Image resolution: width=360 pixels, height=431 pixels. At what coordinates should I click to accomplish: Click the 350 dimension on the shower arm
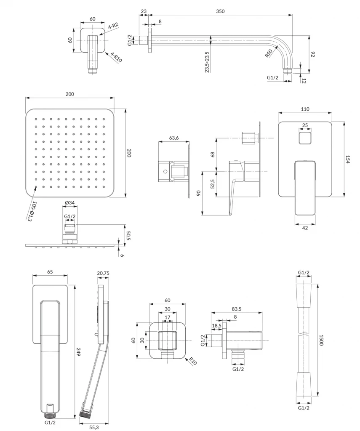[x=220, y=11]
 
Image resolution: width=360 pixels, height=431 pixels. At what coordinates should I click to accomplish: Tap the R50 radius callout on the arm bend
[x=269, y=53]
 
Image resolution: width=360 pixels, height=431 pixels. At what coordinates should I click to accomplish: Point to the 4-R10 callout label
[x=116, y=57]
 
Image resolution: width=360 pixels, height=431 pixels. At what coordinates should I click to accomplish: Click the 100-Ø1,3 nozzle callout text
[x=32, y=211]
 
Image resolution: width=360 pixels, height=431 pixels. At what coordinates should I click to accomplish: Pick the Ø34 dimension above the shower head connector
[x=70, y=203]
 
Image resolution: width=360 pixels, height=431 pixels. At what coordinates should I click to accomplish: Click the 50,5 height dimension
[x=128, y=235]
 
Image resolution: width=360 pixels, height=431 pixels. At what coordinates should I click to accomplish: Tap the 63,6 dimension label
[x=174, y=138]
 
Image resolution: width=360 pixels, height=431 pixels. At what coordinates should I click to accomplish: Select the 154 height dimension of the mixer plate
[x=348, y=160]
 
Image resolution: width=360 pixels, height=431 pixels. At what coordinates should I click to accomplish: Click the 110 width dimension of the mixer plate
[x=305, y=109]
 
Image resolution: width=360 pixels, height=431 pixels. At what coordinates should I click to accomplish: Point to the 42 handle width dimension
[x=305, y=228]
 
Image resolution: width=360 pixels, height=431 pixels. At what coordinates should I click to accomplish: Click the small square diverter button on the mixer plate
[x=305, y=137]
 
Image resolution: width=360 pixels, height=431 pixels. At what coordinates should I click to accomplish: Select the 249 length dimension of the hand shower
[x=78, y=352]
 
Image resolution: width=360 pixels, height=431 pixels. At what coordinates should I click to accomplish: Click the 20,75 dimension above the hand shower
[x=103, y=273]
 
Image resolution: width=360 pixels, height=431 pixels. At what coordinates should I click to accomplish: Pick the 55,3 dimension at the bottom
[x=94, y=428]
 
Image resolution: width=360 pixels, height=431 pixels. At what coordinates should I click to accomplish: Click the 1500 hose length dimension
[x=321, y=340]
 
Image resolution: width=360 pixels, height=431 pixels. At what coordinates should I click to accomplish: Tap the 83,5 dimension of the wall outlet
[x=237, y=309]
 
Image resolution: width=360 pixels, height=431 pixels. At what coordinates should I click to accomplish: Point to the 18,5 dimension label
[x=217, y=326]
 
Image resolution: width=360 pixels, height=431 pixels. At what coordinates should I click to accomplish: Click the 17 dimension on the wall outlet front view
[x=168, y=317]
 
